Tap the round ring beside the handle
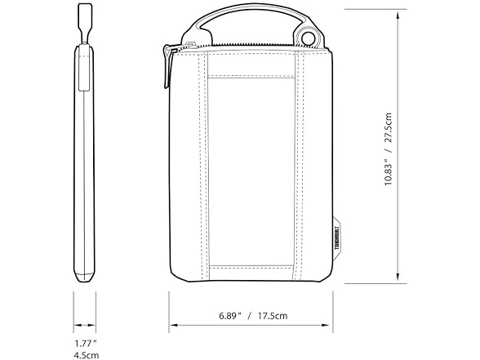click(x=309, y=39)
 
